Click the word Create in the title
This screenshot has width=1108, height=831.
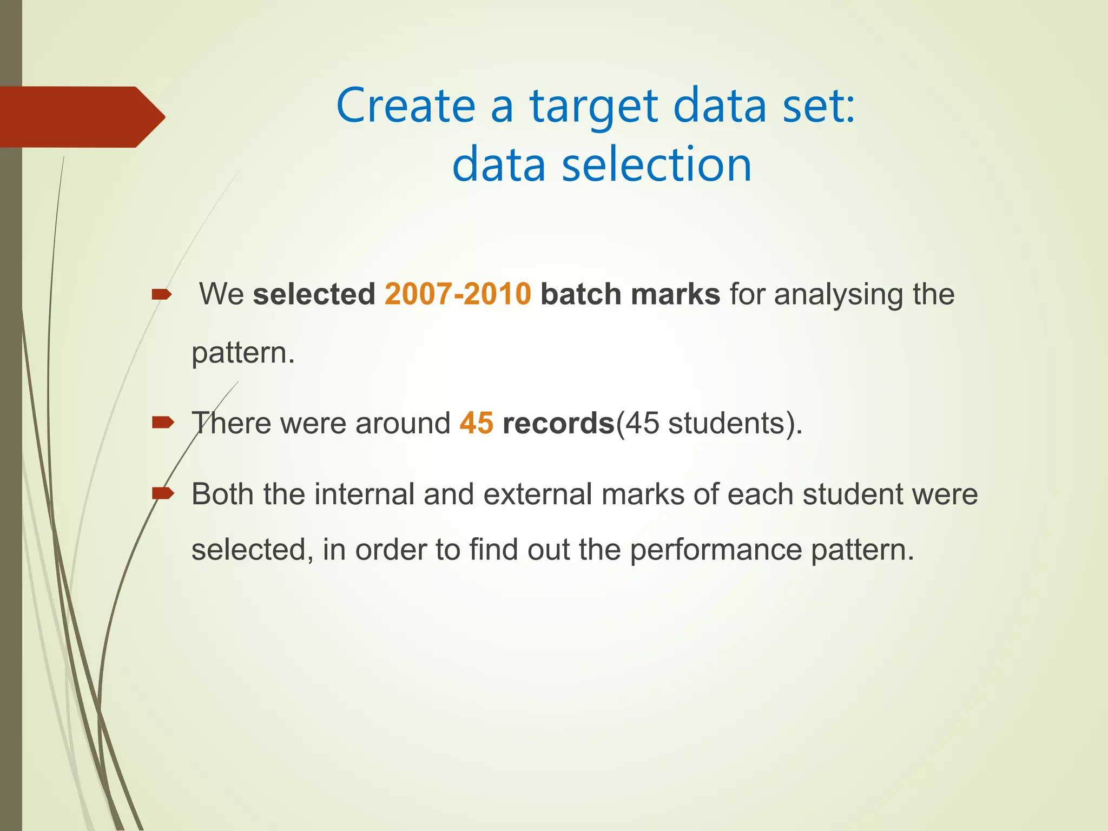point(406,105)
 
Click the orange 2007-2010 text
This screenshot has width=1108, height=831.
point(458,294)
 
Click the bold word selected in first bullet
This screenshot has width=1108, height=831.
point(314,294)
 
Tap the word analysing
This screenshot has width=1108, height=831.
point(838,295)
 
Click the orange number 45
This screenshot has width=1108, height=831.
point(476,423)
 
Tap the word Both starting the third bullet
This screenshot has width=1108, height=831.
point(222,494)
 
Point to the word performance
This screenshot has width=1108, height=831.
point(716,550)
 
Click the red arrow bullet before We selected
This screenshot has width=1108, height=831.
point(162,295)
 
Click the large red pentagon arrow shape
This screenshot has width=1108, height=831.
point(81,117)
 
